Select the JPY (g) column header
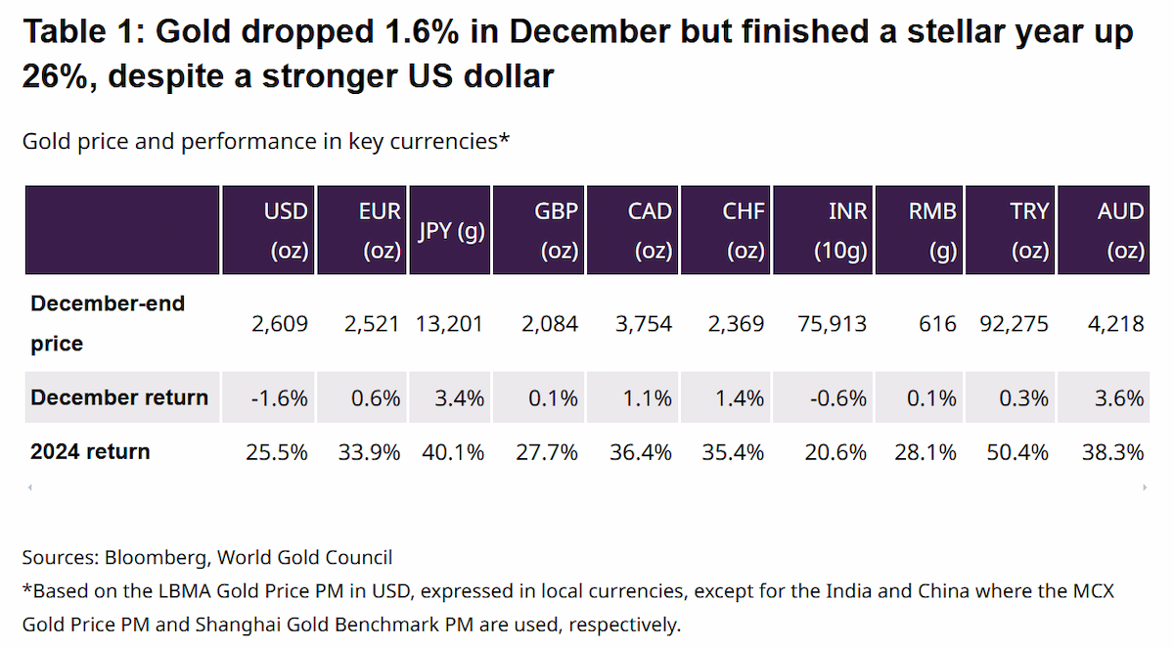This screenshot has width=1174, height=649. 450,230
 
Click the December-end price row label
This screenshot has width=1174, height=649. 108,323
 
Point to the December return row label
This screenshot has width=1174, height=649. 119,397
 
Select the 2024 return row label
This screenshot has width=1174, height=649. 90,451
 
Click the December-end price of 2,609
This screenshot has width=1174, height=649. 280,324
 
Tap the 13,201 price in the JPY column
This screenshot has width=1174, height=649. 449,324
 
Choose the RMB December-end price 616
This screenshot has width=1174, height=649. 937,324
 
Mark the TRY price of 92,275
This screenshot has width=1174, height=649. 1015,324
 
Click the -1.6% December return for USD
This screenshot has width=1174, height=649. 280,399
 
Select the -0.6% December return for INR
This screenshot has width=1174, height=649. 838,399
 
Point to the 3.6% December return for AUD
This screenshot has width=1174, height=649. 1119,399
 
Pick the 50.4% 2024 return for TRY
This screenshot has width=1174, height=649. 1017,452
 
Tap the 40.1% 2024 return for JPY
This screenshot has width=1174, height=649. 453,452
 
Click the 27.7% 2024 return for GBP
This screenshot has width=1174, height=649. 547,452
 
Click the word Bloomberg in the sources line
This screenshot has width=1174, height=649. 158,558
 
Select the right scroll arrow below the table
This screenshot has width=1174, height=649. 1145,487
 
